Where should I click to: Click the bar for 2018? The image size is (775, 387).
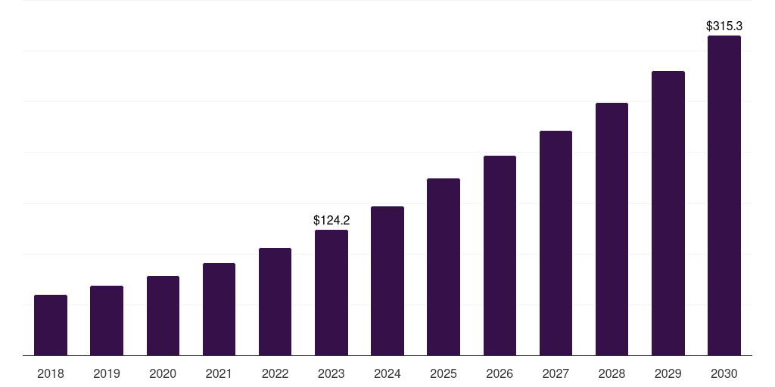tap(51, 325)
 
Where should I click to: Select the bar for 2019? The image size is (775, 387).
tap(107, 320)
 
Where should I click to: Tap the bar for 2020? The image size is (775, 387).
tap(163, 315)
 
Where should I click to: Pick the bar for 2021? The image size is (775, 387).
tap(219, 309)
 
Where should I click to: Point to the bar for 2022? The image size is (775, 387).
tap(275, 302)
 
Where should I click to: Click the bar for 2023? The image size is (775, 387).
tap(331, 293)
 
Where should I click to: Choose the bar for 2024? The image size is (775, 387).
tap(387, 281)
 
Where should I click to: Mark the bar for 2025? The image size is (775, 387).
tap(444, 267)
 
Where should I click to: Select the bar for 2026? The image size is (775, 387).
tap(500, 255)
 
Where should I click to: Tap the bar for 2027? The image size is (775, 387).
tap(556, 243)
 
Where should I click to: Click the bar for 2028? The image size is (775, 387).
tap(612, 229)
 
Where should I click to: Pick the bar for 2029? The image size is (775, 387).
tap(668, 213)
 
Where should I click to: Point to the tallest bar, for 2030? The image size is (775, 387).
tap(724, 196)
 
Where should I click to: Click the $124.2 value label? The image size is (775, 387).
tap(331, 220)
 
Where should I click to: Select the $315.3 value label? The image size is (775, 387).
tap(724, 26)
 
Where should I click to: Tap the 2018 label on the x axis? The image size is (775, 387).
tap(51, 373)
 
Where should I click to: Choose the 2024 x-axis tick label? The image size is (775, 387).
tap(387, 373)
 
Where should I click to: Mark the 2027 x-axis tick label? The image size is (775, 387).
tap(556, 373)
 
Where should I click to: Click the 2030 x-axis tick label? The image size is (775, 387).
tap(724, 373)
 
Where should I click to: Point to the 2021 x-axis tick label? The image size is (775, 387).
tap(219, 373)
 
